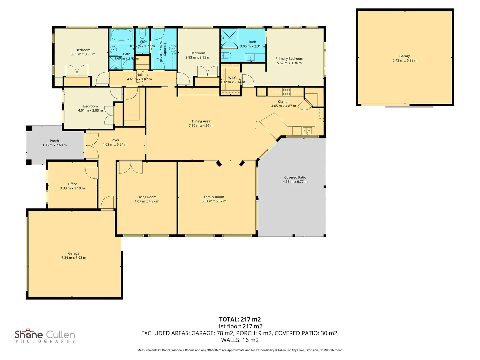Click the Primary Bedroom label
tap(289, 59)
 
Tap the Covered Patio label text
tap(295, 178)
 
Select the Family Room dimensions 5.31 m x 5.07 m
tap(214, 201)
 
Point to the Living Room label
tap(147, 197)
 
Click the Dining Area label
tap(201, 121)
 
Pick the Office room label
tap(72, 184)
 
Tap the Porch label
tap(54, 141)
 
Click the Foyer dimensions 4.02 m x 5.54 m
tap(115, 145)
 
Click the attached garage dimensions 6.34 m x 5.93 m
tap(74, 258)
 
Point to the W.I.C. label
tap(232, 78)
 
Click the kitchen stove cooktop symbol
tap(286, 92)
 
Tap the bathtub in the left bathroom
tap(122, 35)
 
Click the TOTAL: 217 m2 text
tap(240, 319)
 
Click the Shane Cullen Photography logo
tap(45, 336)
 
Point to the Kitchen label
tap(283, 102)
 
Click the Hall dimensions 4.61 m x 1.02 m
tap(139, 79)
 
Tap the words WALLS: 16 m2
tap(240, 340)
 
